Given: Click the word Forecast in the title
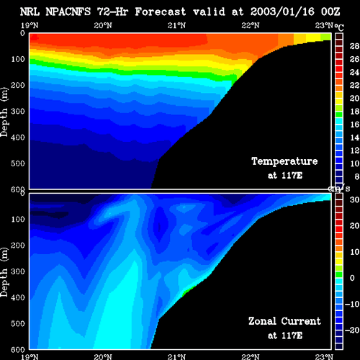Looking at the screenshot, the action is tap(161, 12).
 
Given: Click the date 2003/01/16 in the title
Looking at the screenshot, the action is tap(282, 12).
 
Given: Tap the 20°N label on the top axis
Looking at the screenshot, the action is tap(103, 25).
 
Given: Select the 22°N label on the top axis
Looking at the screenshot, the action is tap(251, 25).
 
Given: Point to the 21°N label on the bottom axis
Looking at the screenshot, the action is tap(176, 356).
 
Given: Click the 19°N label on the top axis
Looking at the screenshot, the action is tap(30, 25).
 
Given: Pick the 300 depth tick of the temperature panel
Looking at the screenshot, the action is tap(18, 111).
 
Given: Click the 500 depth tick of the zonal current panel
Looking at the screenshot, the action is tap(18, 323).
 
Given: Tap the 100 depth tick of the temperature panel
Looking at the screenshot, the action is tap(18, 59).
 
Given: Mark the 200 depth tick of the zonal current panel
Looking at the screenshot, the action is tap(18, 245).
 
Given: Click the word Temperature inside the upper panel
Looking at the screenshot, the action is tap(284, 161).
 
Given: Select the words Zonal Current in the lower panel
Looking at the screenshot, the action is tap(284, 321).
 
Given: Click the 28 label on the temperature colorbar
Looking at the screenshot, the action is tap(354, 46).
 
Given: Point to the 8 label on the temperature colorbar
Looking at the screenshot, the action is tap(356, 176).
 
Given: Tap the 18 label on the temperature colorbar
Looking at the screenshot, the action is tap(354, 112).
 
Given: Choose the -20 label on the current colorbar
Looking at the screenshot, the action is tap(352, 330).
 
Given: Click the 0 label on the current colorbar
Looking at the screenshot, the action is tap(352, 278).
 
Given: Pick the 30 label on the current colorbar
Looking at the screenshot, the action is tap(354, 199).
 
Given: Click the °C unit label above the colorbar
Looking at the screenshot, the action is tap(339, 27).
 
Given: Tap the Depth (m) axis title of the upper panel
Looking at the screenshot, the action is tap(4, 112).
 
